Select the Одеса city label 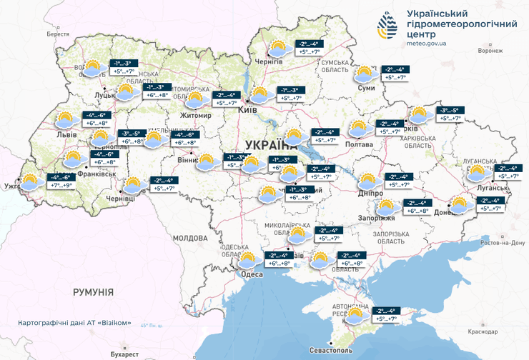coord(252,274)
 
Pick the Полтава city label coord(360,145)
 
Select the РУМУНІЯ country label coord(93,292)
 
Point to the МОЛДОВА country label coord(189,238)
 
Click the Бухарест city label coord(124,354)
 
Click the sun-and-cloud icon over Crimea coord(362,314)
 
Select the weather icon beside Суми coord(365,74)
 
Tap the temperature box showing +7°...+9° coord(61,186)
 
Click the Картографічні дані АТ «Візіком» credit coord(75,323)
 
